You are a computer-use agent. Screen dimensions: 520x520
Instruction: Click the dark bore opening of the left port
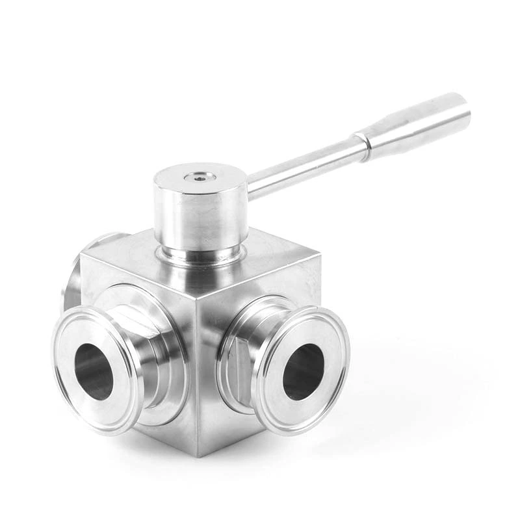pyautogui.click(x=94, y=371)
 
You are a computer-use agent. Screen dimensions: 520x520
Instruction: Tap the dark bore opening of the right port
pyautogui.click(x=304, y=372)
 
